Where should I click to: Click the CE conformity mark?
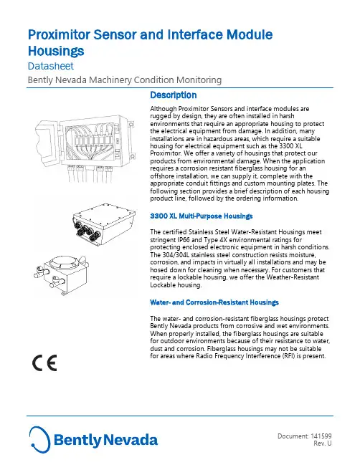(x=44, y=363)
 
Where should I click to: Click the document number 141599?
(x=321, y=436)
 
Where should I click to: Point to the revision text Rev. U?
(x=323, y=444)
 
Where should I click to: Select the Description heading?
(x=174, y=95)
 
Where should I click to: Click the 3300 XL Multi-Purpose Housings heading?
(x=202, y=216)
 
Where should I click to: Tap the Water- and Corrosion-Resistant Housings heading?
(x=214, y=302)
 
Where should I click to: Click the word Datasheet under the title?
(x=51, y=66)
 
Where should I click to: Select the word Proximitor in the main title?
(x=59, y=34)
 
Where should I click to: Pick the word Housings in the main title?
(x=56, y=51)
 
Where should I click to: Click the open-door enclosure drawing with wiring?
(x=85, y=148)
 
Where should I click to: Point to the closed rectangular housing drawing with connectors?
(x=104, y=224)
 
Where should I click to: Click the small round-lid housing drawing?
(x=62, y=275)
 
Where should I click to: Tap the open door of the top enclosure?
(x=48, y=143)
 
